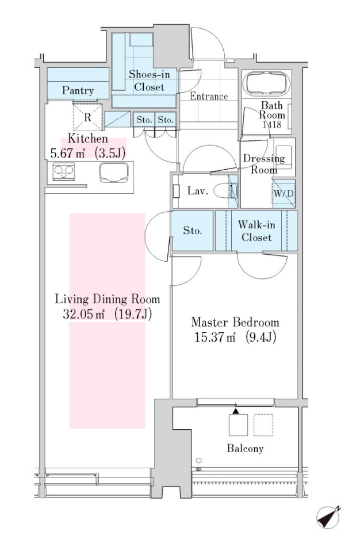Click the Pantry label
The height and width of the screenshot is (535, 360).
coord(78,90)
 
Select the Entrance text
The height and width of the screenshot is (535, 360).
coord(209,97)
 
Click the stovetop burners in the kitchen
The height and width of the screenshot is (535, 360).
coord(62,171)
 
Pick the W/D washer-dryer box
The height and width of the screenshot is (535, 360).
coord(283,194)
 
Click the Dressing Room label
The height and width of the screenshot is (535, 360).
coord(263,164)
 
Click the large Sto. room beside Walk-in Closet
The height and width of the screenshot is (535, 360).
coord(193,231)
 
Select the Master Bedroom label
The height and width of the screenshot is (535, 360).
coord(235,322)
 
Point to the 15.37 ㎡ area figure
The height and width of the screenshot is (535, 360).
coord(214,337)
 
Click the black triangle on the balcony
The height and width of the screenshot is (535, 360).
coord(236,412)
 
